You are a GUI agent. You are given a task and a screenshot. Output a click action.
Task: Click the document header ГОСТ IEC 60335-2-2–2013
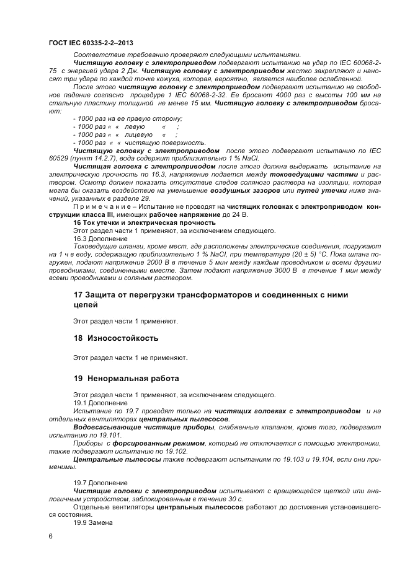[91, 42]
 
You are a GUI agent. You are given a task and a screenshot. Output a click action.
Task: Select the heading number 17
[79, 294]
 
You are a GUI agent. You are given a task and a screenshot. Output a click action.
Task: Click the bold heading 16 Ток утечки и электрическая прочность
[144, 222]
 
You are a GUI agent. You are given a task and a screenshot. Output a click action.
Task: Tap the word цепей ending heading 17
[86, 304]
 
